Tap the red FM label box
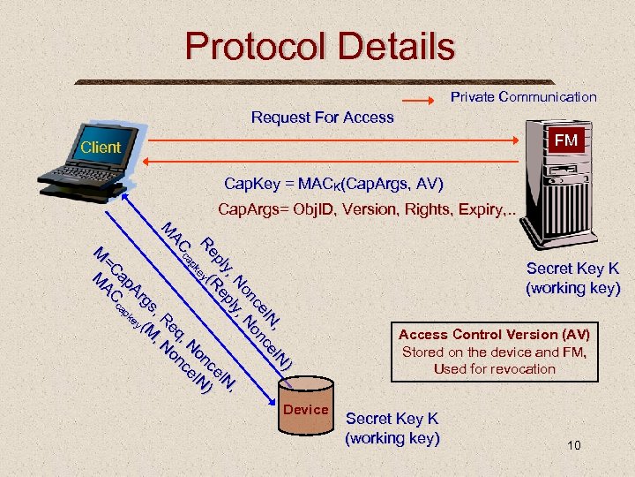[x=565, y=140]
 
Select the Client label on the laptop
[x=100, y=148]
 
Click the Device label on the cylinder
[x=305, y=409]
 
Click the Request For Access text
[x=322, y=117]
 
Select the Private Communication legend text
[x=523, y=97]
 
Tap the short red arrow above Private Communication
[x=422, y=97]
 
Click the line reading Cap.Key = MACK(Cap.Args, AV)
[x=333, y=184]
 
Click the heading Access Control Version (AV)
[x=494, y=335]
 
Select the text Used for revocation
[x=494, y=368]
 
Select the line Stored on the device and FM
[x=494, y=352]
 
